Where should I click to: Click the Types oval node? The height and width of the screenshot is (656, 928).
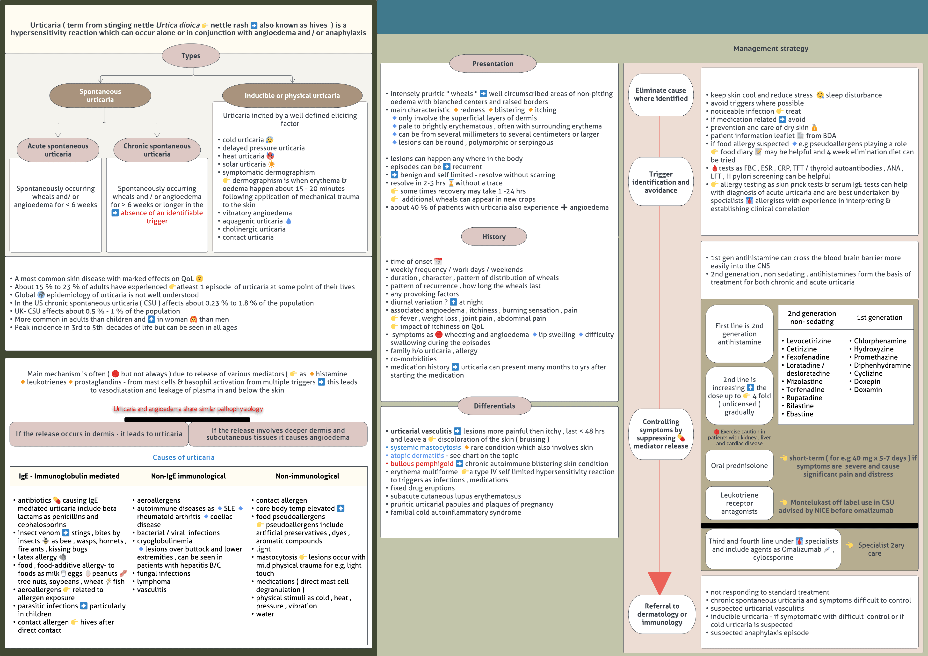click(191, 56)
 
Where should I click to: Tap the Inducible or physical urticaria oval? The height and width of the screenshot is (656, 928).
click(292, 96)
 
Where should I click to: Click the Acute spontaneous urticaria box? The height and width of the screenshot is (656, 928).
click(58, 150)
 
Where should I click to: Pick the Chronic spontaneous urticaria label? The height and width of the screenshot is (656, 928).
click(157, 150)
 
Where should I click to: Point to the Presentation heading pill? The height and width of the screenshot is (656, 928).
click(493, 64)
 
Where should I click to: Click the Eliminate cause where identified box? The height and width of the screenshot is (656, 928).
click(660, 95)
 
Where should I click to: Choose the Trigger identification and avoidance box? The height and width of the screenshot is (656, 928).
click(660, 182)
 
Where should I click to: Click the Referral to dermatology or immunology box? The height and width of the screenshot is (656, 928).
click(662, 614)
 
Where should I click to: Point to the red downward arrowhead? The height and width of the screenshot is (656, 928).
click(660, 582)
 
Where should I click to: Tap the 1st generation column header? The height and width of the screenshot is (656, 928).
click(879, 318)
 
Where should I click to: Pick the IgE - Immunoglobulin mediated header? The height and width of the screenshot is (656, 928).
click(69, 476)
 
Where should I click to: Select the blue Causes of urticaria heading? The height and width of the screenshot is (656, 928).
click(183, 457)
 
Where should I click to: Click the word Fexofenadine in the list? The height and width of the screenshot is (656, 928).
click(807, 357)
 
